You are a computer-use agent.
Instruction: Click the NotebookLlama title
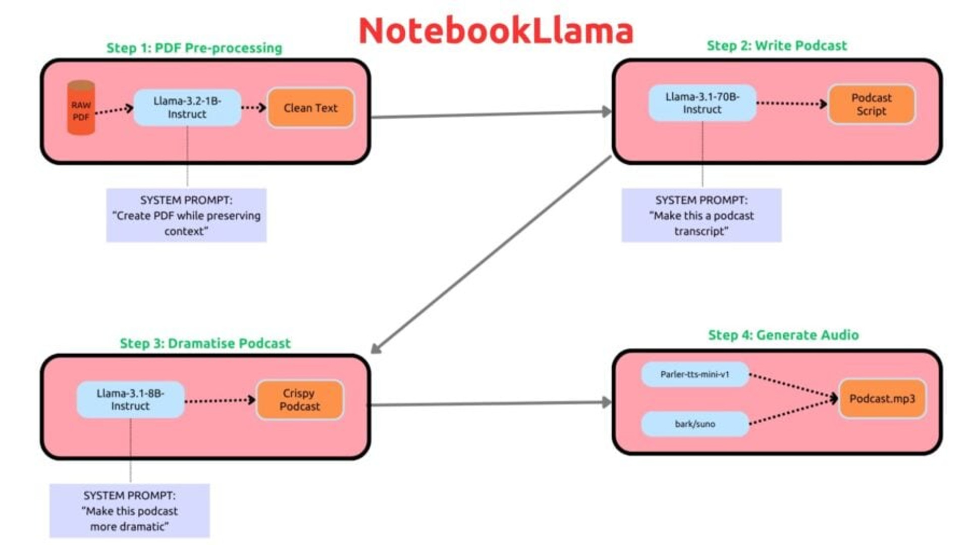coord(496,31)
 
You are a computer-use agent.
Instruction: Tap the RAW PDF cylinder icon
coord(81,109)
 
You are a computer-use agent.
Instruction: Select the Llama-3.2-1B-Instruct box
coord(187,108)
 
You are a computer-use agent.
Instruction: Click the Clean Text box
coord(310,108)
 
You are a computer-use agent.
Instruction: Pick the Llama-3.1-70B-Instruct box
coord(702,103)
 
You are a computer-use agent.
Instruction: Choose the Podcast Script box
coord(871,104)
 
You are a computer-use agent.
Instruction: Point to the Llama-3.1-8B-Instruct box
coord(130,400)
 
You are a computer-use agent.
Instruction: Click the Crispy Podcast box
coord(300,400)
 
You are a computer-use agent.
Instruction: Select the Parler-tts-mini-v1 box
coord(694,374)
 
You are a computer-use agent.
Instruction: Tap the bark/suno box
coord(694,424)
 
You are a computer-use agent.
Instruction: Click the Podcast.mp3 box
coord(882,399)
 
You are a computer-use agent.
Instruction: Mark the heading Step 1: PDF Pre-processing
coord(194,48)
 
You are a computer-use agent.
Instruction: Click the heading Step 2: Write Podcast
coord(777,45)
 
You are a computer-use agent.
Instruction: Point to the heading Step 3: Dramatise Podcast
coord(205,343)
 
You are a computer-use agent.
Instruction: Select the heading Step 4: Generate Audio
coord(783,335)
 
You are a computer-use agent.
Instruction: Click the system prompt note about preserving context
coord(186,215)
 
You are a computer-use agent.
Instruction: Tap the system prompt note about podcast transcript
coord(702,215)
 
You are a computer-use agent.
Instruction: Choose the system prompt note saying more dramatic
coord(129,511)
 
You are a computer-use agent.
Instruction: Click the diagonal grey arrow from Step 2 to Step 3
coord(491,255)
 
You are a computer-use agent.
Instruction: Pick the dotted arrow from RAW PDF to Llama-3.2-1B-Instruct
coord(114,110)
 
